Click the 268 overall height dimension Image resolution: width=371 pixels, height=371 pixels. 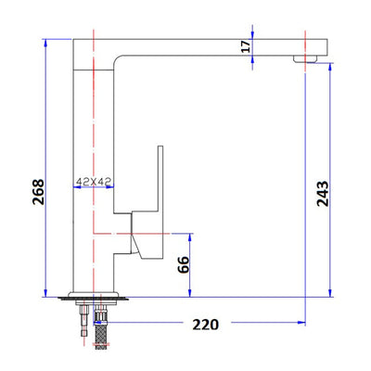pos(38,192)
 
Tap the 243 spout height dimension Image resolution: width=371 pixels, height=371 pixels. pos(323,194)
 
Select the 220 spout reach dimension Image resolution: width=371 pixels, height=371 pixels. pos(206,325)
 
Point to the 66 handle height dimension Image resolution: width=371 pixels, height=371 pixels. pos(184,264)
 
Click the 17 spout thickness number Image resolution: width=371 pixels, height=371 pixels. pos(246,46)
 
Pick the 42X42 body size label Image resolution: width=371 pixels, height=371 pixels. pos(94,182)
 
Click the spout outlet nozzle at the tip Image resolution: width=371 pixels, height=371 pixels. pos(305,58)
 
